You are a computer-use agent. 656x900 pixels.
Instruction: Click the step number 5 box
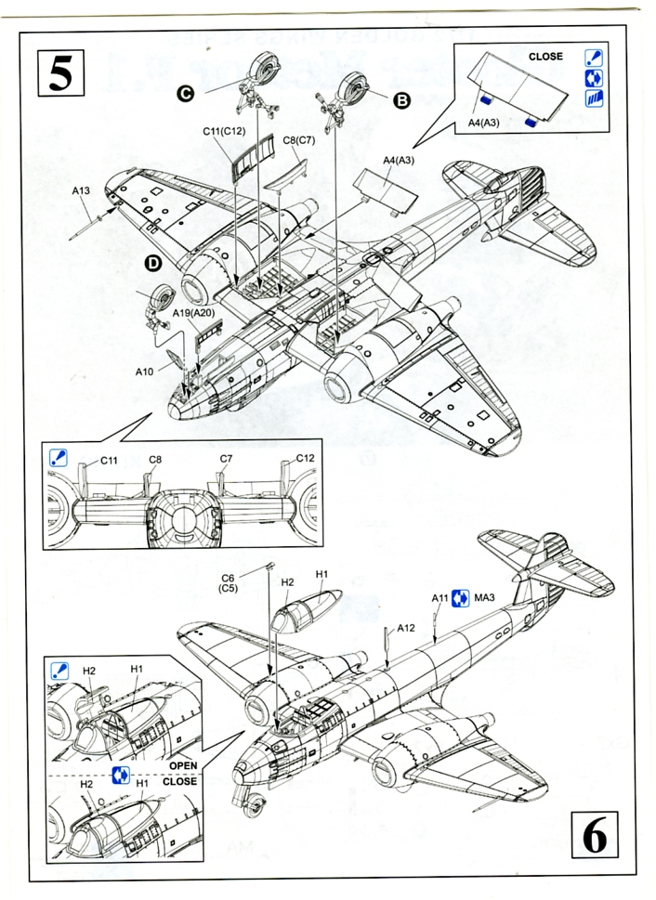pos(60,72)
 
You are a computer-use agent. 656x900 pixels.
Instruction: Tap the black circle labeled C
pos(186,92)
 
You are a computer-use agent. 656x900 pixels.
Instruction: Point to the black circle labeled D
pos(154,264)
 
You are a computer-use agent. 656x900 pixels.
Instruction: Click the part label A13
pos(81,191)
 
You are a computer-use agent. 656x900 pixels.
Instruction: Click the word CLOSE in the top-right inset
pos(545,57)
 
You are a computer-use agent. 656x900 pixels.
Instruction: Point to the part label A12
pos(405,628)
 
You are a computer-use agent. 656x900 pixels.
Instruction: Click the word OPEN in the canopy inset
pos(183,765)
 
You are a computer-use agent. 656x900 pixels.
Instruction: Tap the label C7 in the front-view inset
pos(226,459)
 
